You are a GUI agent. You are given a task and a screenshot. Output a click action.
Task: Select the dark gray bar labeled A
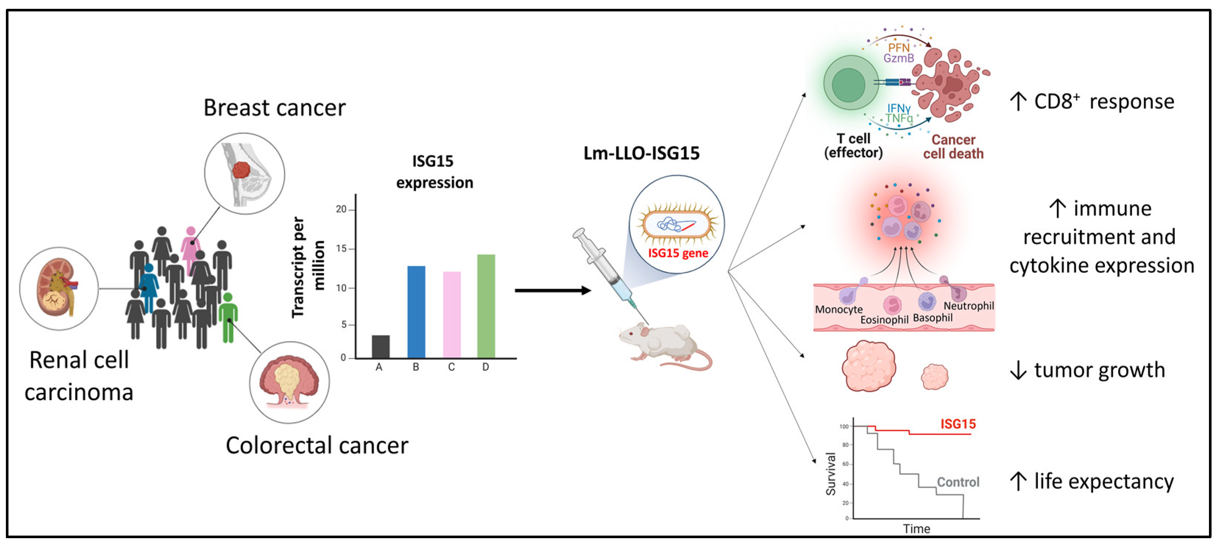point(380,346)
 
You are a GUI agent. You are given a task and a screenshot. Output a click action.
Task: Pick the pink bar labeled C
point(451,315)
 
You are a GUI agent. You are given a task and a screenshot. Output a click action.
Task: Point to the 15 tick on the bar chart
point(341,249)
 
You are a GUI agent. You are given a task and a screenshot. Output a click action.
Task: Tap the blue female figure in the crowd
point(149,286)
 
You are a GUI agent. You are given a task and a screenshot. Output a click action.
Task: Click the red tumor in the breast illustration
point(242,170)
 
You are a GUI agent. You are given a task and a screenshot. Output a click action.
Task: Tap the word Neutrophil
point(968,306)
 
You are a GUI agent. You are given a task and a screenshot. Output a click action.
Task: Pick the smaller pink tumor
point(934,377)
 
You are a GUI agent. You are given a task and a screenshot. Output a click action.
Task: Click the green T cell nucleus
point(848,85)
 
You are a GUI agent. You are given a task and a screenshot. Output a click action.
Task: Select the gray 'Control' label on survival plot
point(958,482)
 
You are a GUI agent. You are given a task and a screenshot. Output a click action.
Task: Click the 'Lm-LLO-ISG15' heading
point(641,153)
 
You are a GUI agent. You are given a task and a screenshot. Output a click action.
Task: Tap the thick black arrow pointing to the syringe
point(552,290)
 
